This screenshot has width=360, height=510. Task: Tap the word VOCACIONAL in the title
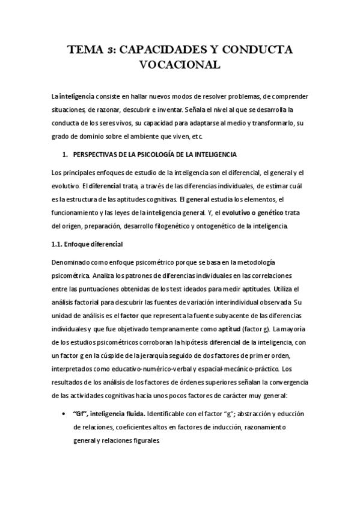tap(181, 65)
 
